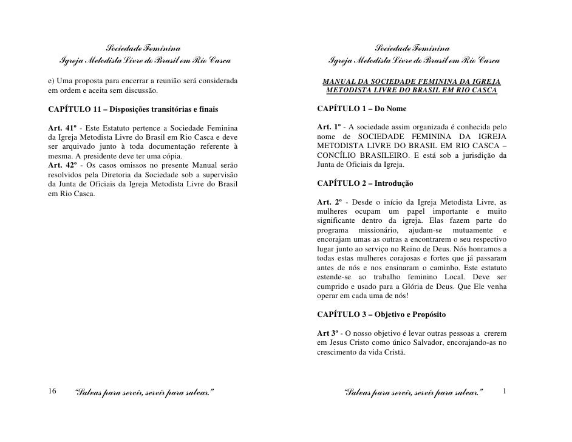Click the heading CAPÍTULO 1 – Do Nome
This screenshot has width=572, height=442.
pyautogui.click(x=362, y=109)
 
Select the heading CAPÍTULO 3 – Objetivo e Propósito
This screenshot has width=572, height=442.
pyautogui.click(x=381, y=315)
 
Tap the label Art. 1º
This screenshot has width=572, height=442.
pyautogui.click(x=329, y=127)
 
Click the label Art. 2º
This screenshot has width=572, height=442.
pyautogui.click(x=329, y=202)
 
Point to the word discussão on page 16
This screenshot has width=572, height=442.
pyautogui.click(x=138, y=91)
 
